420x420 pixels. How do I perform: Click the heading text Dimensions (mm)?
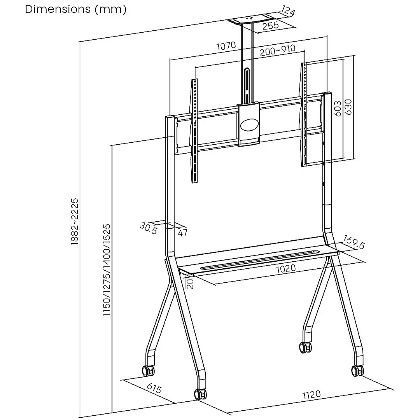pos(75,9)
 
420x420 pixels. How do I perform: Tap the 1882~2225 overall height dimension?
pos(74,222)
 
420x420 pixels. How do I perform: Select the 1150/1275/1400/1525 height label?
pos(107,270)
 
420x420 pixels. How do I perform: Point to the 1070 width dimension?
pos(226,46)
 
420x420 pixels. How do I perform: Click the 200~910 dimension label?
pos(278,50)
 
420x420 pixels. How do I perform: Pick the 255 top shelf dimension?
pos(271,26)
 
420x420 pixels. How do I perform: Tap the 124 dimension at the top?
pos(288,11)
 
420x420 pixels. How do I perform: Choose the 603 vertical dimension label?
pos(338,108)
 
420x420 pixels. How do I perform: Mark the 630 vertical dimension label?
pos(348,107)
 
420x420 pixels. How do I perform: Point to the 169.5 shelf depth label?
pos(354,242)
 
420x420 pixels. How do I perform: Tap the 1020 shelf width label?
pos(286,268)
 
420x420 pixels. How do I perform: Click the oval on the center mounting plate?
pos(249,125)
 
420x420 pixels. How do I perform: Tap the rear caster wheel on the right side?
pos(305,348)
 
